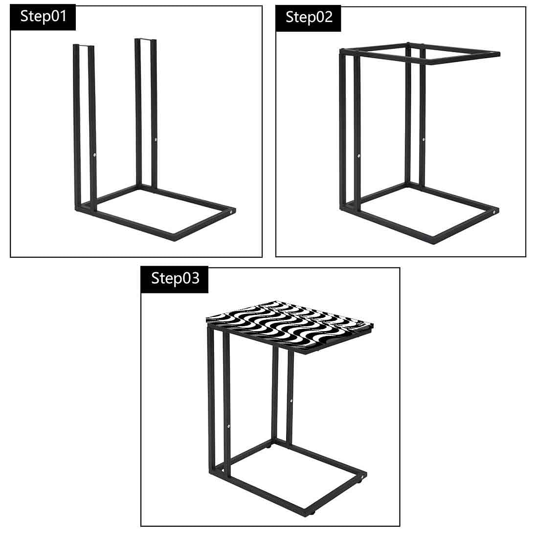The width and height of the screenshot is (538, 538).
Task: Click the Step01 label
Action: pyautogui.click(x=43, y=17)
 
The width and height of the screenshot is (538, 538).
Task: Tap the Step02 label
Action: pyautogui.click(x=309, y=18)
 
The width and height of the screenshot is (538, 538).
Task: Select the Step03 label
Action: pyautogui.click(x=175, y=279)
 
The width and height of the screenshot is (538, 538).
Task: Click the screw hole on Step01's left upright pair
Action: pyautogui.click(x=95, y=155)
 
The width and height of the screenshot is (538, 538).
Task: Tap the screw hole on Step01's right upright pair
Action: pyautogui.click(x=156, y=140)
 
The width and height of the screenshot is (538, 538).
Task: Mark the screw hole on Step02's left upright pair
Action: pyautogui.click(x=359, y=156)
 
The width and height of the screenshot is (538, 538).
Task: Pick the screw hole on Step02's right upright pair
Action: pyautogui.click(x=424, y=139)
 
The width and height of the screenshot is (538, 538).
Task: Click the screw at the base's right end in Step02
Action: pyautogui.click(x=495, y=212)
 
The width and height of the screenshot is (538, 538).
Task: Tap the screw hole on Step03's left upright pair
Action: pyautogui.click(x=229, y=426)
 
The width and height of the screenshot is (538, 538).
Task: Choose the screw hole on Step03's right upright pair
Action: pyautogui.click(x=291, y=401)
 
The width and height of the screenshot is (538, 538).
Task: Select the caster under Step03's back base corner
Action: pyautogui.click(x=269, y=447)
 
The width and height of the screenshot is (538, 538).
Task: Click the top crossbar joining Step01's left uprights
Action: pyautogui.click(x=84, y=45)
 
